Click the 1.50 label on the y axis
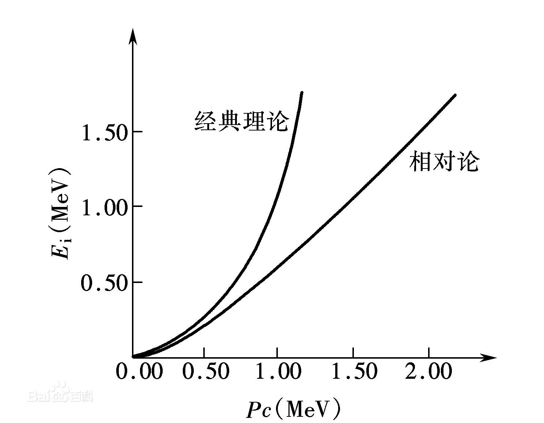coord(104,133)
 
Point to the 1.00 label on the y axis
coord(104,208)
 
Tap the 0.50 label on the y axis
coord(104,283)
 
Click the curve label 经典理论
coord(242,120)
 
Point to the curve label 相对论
coord(444,161)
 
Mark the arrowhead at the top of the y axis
coord(133,37)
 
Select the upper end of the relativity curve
coord(454,95)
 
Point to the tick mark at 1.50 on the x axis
coord(353,352)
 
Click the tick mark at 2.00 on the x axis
coord(429,352)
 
